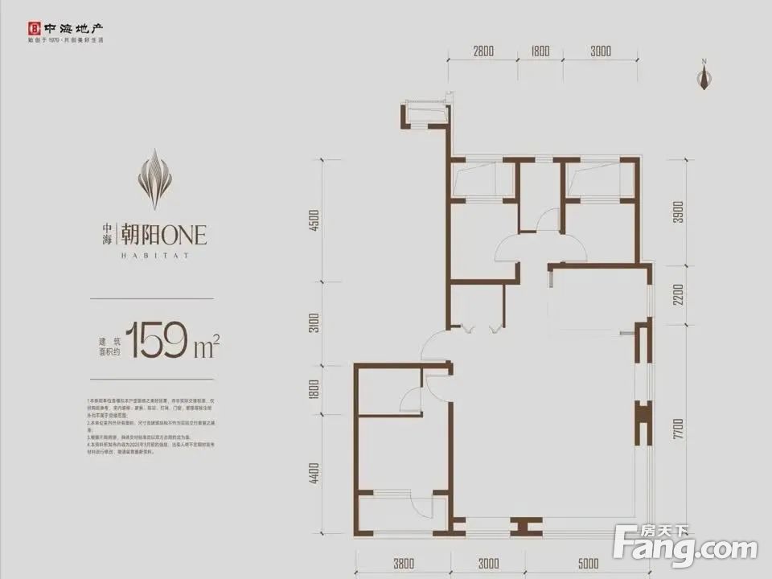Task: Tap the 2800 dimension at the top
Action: [x=482, y=51]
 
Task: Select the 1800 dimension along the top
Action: [x=540, y=51]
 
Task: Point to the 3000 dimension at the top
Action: [x=600, y=51]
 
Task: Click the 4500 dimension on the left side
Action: [x=314, y=220]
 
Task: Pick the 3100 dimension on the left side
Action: [x=314, y=323]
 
